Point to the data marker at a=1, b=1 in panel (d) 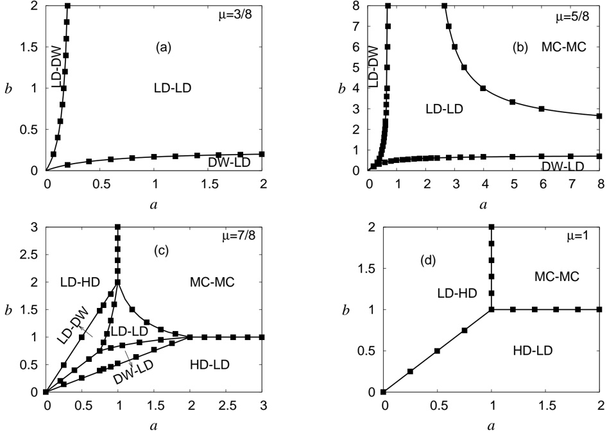pos(492,309)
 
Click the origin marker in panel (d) pos(383,391)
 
